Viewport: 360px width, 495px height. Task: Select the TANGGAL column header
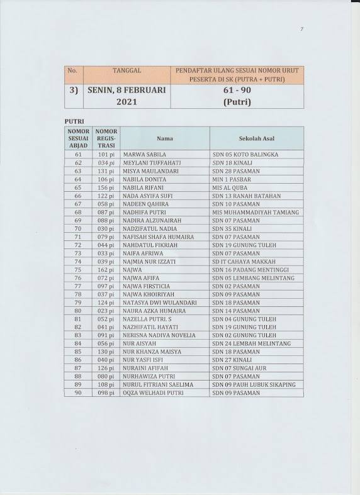point(120,71)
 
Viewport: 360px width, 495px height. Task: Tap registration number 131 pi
point(105,170)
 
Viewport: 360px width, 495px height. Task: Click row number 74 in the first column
point(78,261)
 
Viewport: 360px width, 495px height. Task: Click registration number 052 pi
point(105,319)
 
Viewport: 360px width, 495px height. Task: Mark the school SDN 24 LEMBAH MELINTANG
point(253,343)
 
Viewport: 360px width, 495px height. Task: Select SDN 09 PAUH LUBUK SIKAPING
point(253,384)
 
